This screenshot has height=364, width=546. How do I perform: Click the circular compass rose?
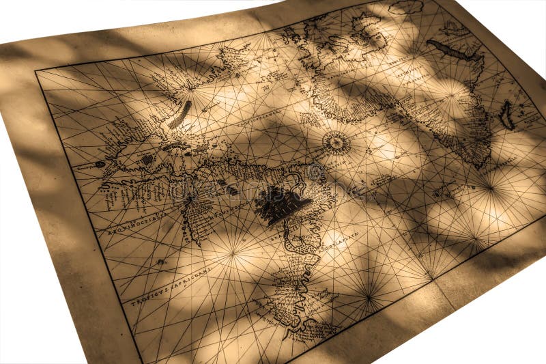click(x=336, y=143)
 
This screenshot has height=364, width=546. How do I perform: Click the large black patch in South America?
click(x=279, y=203)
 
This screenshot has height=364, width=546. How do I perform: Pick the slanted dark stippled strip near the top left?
click(x=180, y=114)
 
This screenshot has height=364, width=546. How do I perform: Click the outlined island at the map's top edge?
click(x=407, y=8)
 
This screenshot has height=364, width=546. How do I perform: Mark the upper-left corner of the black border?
click(x=36, y=71)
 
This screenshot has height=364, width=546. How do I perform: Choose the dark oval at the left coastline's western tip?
click(x=100, y=165)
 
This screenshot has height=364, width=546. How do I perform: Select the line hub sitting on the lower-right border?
click(x=429, y=277)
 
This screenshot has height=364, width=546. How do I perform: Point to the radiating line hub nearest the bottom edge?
click(x=369, y=296)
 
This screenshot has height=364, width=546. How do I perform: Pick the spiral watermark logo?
click(x=316, y=171)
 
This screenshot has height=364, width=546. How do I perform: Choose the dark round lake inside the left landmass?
click(x=147, y=159)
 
